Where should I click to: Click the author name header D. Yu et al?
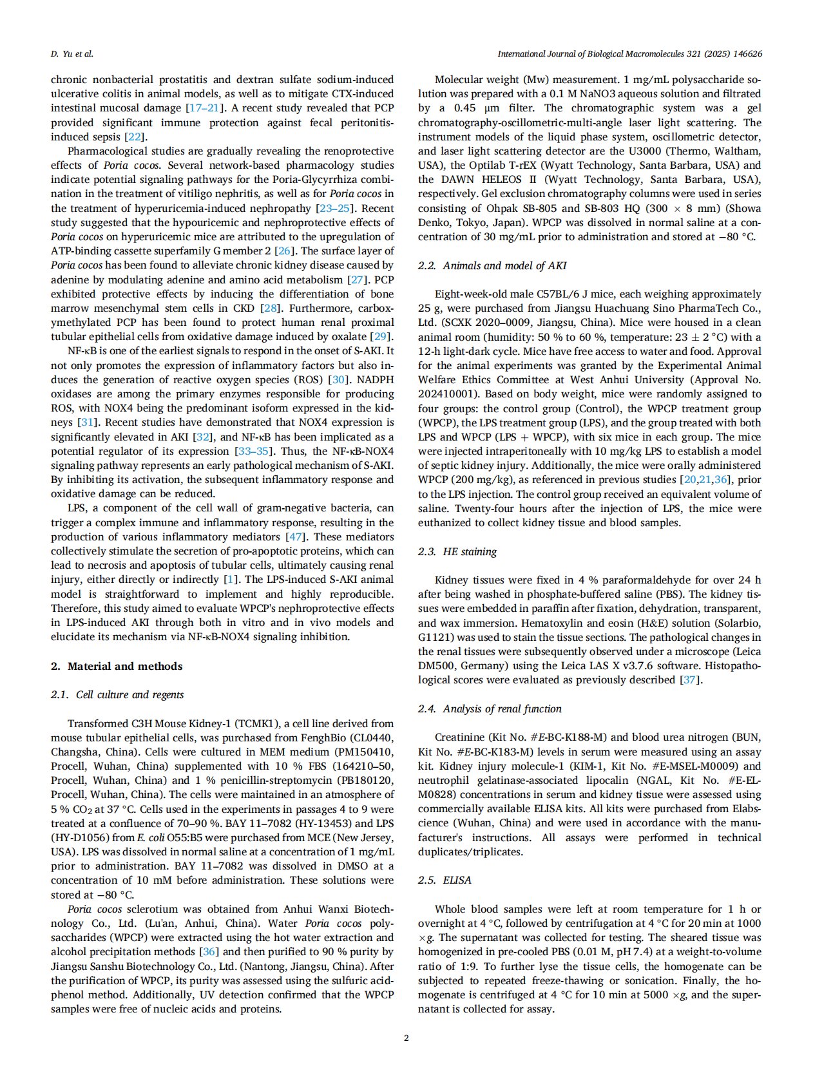(x=72, y=53)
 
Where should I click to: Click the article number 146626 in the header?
(x=744, y=53)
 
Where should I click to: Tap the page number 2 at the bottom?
(x=406, y=1038)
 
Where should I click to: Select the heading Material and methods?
(x=124, y=666)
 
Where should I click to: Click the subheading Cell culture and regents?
(x=129, y=694)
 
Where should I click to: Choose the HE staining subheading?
(x=469, y=551)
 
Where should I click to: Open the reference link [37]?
(x=689, y=680)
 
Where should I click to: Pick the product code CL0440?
(x=374, y=737)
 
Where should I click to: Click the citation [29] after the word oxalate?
(x=380, y=336)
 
